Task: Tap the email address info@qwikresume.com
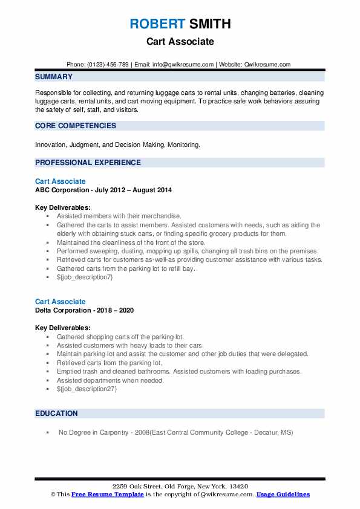tap(184, 65)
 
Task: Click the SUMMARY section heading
tap(54, 77)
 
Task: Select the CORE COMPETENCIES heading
tap(76, 126)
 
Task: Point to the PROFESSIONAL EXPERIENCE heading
tap(88, 163)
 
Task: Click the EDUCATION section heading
tap(56, 413)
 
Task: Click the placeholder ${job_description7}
tap(85, 277)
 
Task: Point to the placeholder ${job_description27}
tap(87, 389)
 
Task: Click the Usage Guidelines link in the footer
tap(283, 494)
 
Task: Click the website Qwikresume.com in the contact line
tap(269, 65)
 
